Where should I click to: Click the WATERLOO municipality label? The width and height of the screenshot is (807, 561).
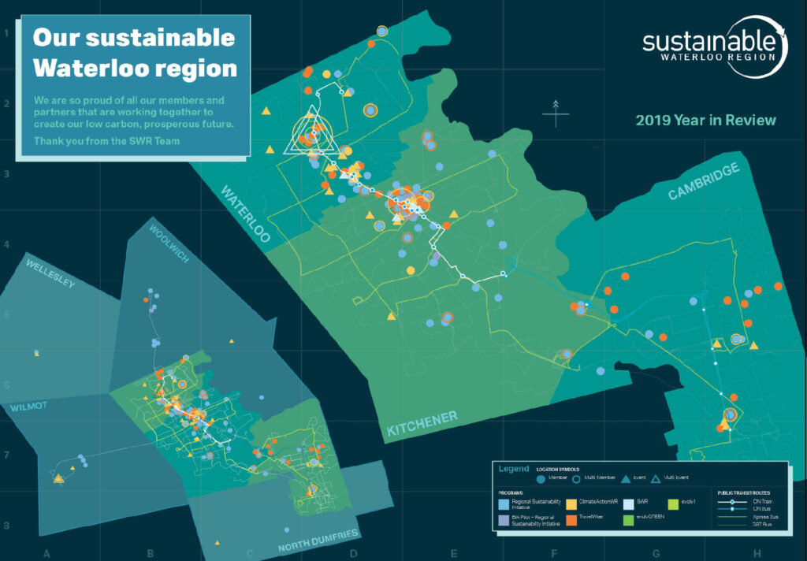click(x=245, y=214)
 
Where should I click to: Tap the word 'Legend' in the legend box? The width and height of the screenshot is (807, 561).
click(x=514, y=469)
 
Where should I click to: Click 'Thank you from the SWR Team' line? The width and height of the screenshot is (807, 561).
click(x=107, y=141)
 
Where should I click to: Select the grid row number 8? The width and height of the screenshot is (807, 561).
click(x=6, y=525)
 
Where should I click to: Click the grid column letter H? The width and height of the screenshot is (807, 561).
click(x=757, y=553)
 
